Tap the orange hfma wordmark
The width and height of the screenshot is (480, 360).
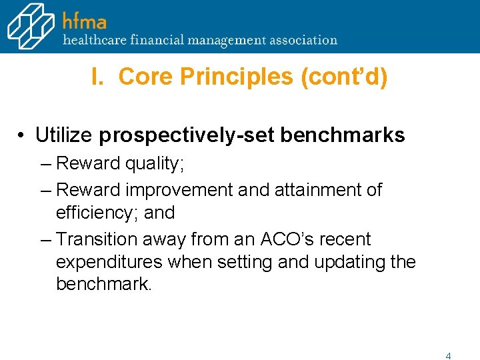[x=84, y=20]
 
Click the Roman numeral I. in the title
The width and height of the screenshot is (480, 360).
[x=98, y=77]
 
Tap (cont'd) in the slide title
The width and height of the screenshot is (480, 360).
[x=344, y=77]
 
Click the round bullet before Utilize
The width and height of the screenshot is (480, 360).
[x=22, y=136]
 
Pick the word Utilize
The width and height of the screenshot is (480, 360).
[x=65, y=135]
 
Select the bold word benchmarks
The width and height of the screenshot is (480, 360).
[x=343, y=135]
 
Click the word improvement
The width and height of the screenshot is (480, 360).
[x=180, y=190]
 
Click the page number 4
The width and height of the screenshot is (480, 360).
[x=448, y=356]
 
